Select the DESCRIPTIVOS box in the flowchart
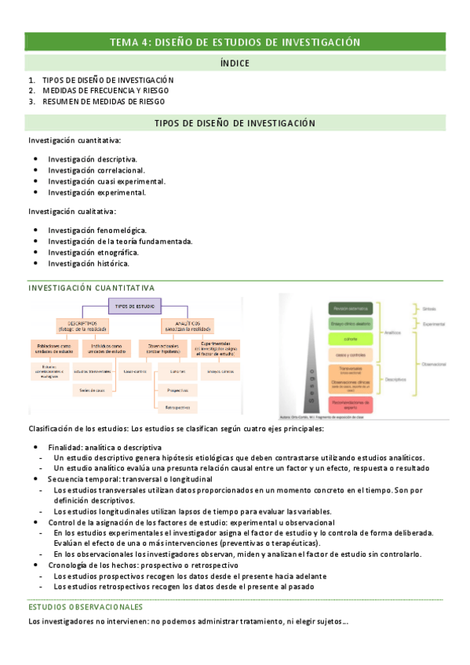(x=82, y=325)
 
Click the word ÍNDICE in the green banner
(x=235, y=62)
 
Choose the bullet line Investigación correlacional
(x=96, y=169)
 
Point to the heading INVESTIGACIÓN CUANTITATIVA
(x=91, y=288)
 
